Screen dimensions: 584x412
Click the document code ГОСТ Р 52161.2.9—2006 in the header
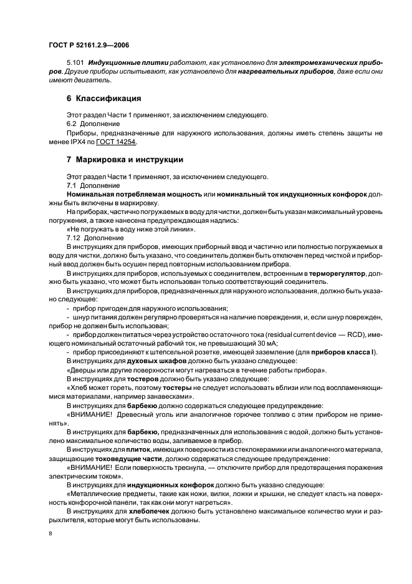[88, 46]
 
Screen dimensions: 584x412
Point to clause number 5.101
[75, 64]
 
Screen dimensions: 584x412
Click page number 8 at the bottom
[49, 534]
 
